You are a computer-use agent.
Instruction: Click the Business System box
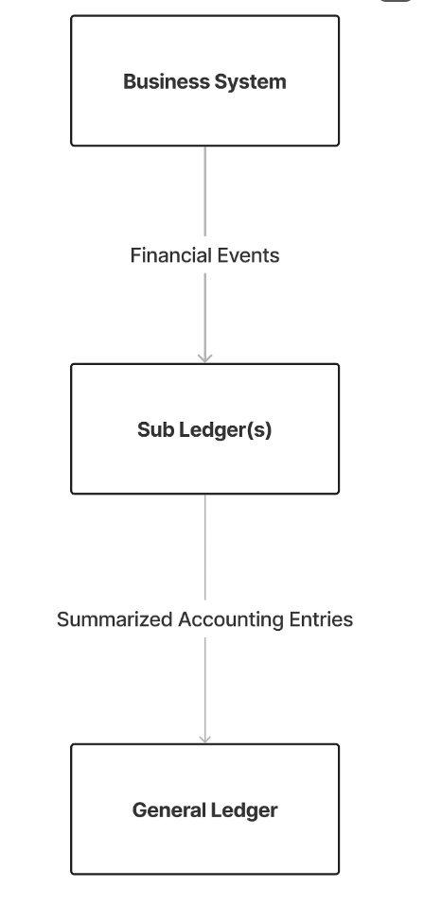tap(204, 80)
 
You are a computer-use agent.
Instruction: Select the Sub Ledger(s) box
tap(204, 428)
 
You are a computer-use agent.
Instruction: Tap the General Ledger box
tap(204, 809)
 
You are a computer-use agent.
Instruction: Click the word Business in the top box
tap(167, 81)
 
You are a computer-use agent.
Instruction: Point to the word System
tap(250, 82)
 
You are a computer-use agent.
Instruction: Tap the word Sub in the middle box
tap(156, 429)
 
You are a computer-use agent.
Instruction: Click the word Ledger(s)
tap(225, 430)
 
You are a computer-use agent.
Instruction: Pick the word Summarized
tap(115, 619)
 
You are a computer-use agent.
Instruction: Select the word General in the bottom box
tap(168, 809)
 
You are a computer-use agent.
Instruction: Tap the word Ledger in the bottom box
tap(243, 810)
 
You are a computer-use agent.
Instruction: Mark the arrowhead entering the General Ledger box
tap(205, 740)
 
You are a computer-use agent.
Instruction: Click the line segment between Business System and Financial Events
tap(205, 191)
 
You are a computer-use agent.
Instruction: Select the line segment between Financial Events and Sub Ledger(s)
tap(205, 318)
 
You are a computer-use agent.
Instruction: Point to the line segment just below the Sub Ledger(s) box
tap(205, 548)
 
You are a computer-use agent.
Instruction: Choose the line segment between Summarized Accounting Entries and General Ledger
tap(205, 690)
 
